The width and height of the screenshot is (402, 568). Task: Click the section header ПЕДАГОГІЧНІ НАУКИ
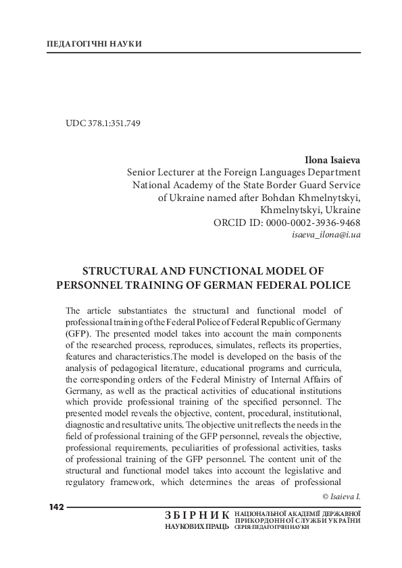95,44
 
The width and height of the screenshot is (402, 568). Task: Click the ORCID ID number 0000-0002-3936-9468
315,222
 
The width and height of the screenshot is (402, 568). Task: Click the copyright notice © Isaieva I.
342,496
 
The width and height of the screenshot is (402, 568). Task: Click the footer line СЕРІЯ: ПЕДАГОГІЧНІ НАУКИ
271,527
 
